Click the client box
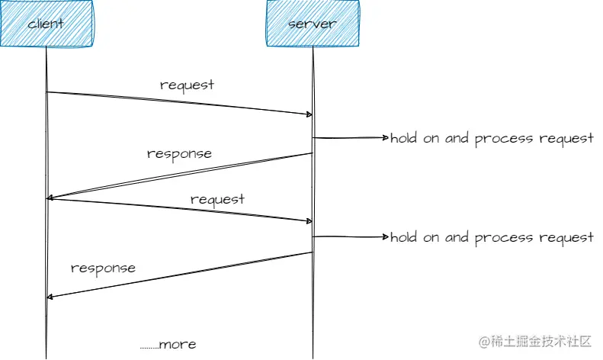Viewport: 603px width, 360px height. click(x=46, y=23)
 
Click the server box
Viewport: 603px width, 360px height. click(x=312, y=23)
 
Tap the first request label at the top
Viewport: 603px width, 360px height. click(x=187, y=85)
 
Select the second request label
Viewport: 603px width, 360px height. click(x=217, y=199)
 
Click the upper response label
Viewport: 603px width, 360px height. click(x=179, y=153)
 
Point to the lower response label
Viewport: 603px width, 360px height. click(x=103, y=268)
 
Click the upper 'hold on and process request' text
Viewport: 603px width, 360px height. click(x=492, y=139)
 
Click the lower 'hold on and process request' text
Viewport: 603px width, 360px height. click(x=492, y=237)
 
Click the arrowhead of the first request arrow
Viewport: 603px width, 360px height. click(x=309, y=114)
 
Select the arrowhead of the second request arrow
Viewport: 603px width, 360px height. click(x=309, y=221)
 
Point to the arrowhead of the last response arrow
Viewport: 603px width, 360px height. click(x=50, y=297)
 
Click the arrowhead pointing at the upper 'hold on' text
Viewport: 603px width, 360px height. click(x=384, y=138)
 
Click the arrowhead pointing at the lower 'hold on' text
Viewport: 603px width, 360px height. click(x=384, y=237)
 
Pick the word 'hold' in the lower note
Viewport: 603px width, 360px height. click(x=404, y=237)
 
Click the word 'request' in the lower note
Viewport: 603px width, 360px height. click(x=566, y=238)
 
